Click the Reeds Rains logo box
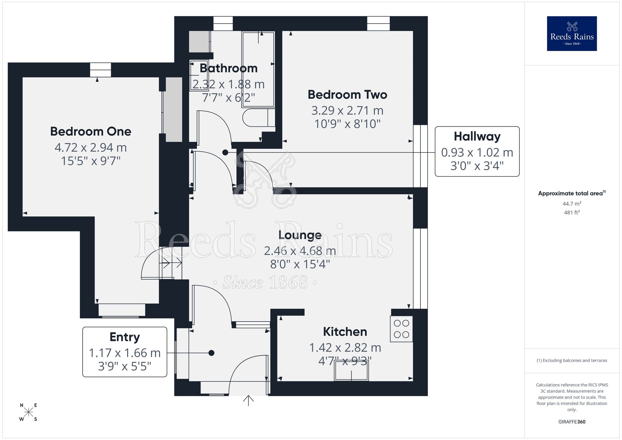coord(572,34)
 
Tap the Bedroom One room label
coord(91,131)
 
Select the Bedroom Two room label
coord(347,95)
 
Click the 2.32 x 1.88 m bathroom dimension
coord(229,84)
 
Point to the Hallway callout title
coord(477,136)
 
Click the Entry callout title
coord(124,337)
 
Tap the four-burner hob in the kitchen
coord(401,329)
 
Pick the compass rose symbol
coord(28,412)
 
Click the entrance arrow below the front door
coord(248,400)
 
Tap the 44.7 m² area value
coord(572,204)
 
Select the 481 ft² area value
coord(572,213)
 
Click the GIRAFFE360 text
coord(572,422)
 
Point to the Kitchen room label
coord(345,332)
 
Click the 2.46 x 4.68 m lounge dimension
coord(300,251)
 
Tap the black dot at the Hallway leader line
coord(225,152)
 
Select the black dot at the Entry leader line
coord(211,353)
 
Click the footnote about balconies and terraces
coord(572,360)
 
